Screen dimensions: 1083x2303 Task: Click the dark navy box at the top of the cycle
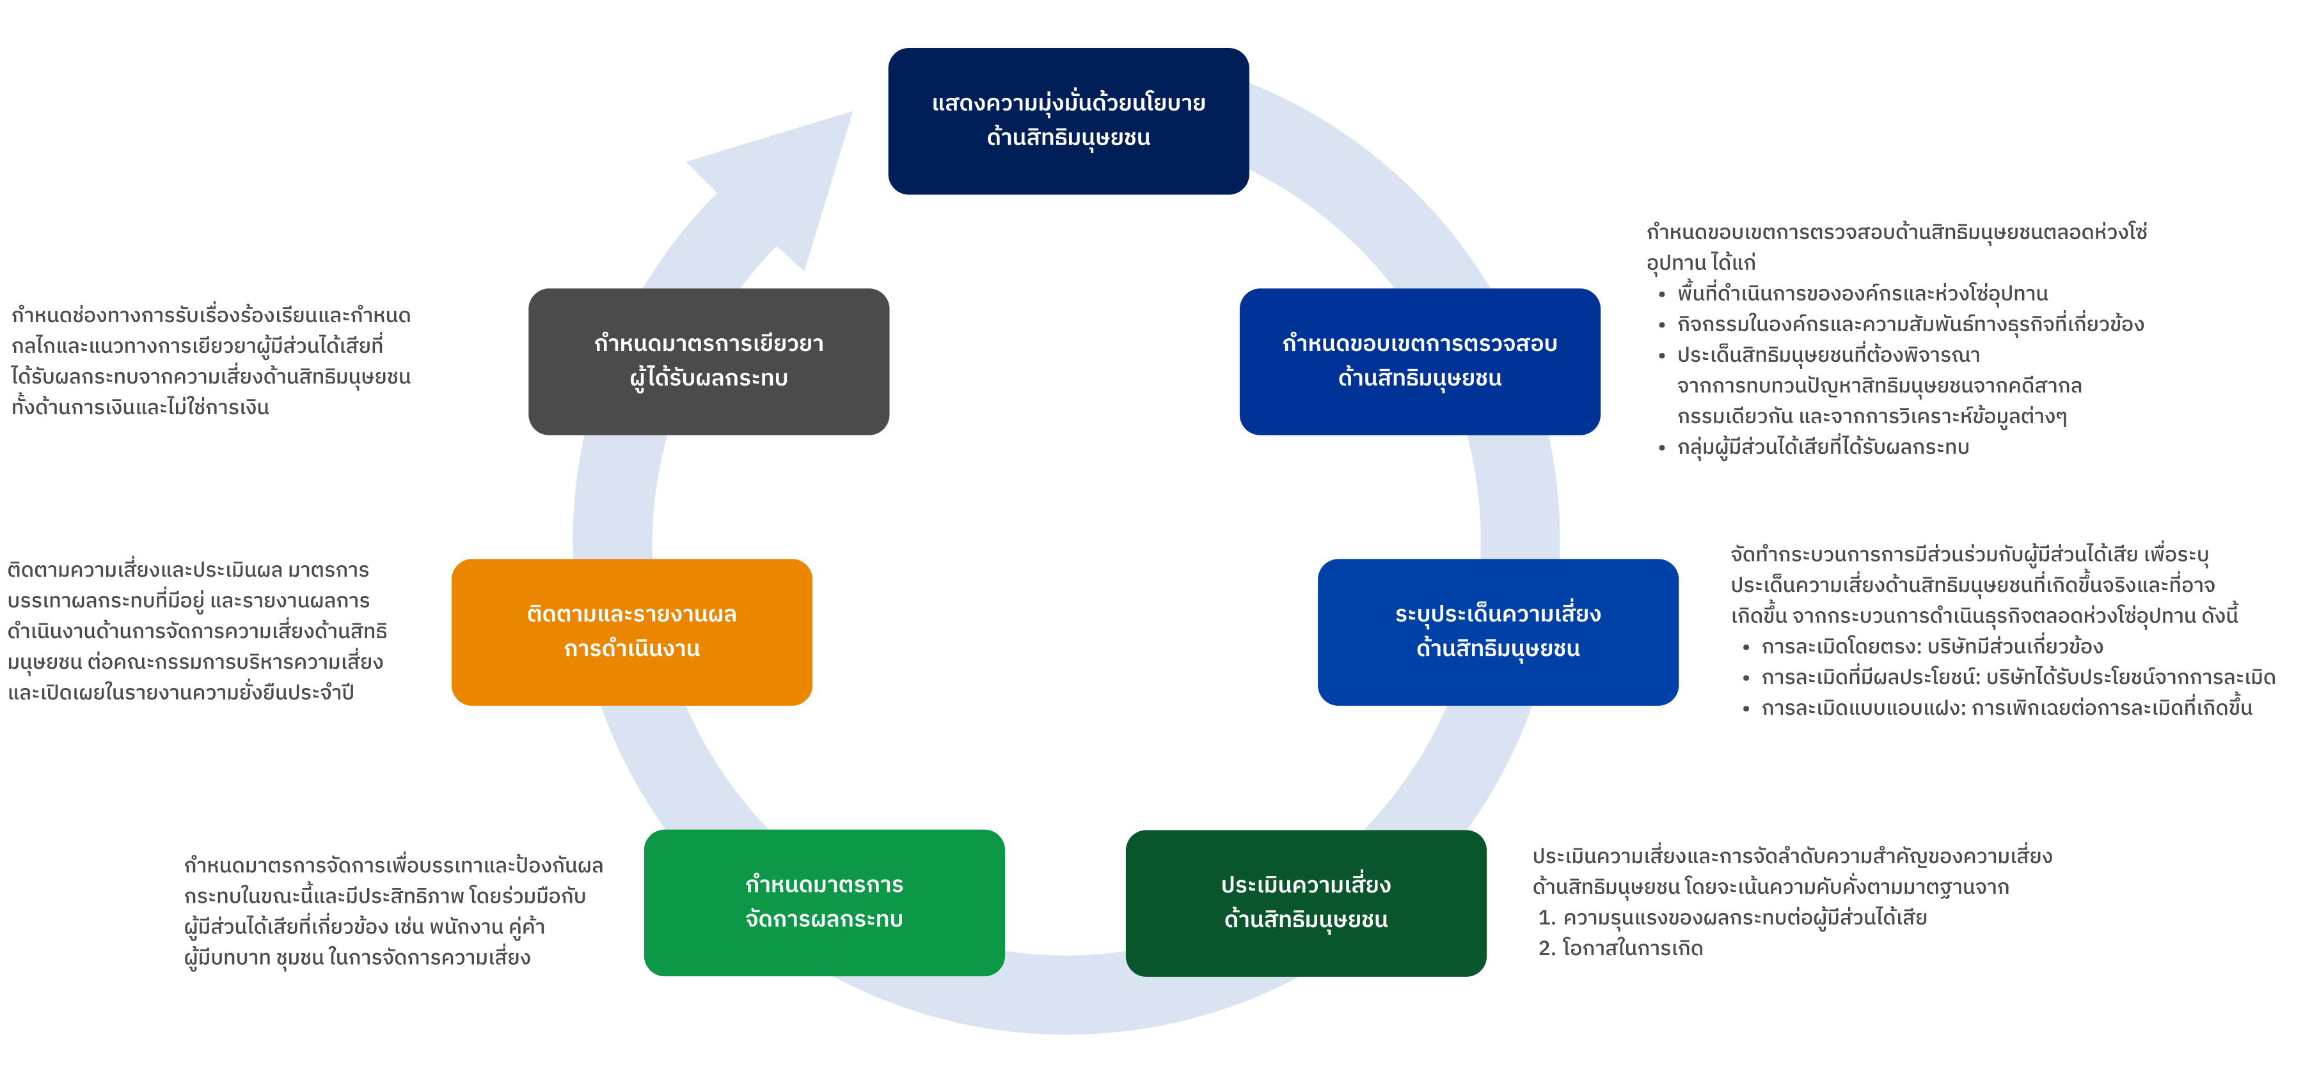pyautogui.click(x=1068, y=121)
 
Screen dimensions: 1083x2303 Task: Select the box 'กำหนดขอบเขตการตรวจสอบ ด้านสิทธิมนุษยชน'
pyautogui.click(x=1420, y=361)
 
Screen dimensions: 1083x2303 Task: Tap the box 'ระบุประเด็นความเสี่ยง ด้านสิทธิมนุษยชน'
pyautogui.click(x=1498, y=632)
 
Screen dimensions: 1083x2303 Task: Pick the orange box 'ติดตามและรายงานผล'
pyautogui.click(x=631, y=632)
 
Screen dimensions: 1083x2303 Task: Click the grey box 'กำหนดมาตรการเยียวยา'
pyautogui.click(x=708, y=361)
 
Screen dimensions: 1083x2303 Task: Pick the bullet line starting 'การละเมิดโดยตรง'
pyautogui.click(x=1931, y=646)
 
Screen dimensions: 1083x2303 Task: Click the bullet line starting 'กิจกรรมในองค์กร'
pyautogui.click(x=1910, y=324)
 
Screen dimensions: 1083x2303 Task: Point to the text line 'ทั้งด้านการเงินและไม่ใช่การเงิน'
pyautogui.click(x=140, y=407)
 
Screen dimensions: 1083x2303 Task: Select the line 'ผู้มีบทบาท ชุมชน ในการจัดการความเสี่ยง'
pyautogui.click(x=357, y=957)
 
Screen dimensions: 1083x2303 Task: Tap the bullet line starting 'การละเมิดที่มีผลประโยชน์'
pyautogui.click(x=2017, y=677)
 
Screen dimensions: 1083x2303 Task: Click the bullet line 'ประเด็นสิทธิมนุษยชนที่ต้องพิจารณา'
pyautogui.click(x=1828, y=355)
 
